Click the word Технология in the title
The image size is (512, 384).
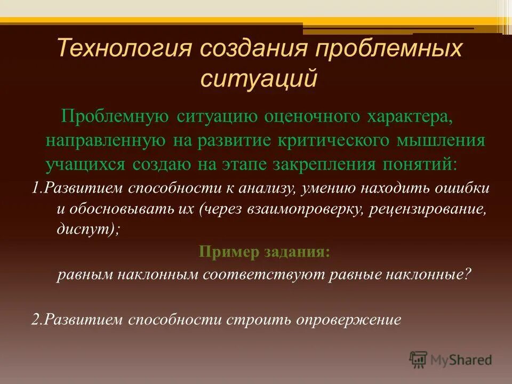coord(124,49)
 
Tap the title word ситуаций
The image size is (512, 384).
coord(259,78)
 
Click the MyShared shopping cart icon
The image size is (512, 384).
coord(418,359)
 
